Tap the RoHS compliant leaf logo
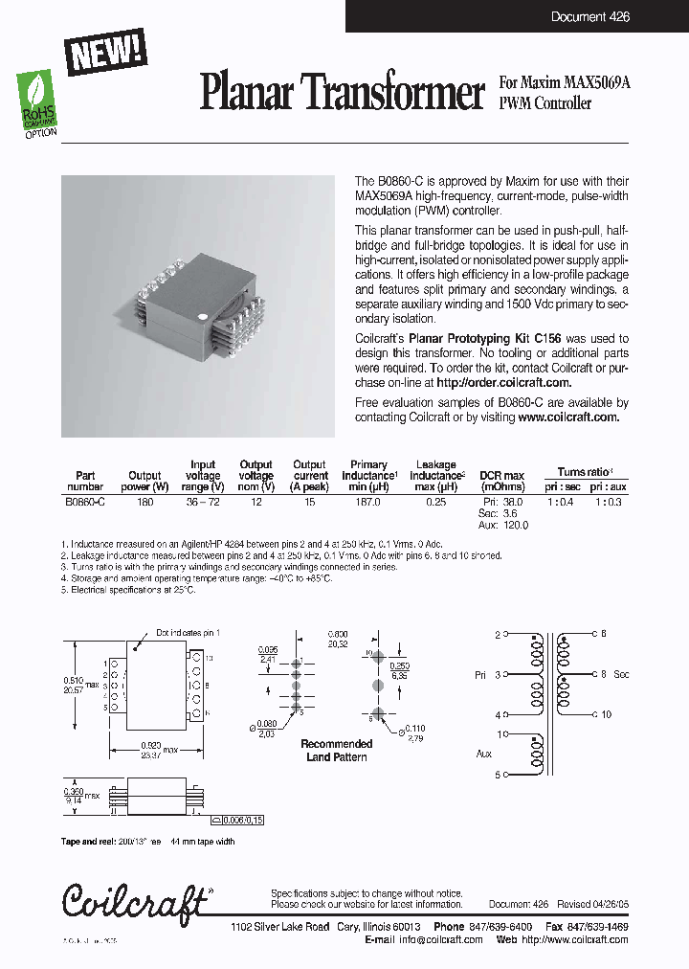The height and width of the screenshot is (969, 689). click(39, 101)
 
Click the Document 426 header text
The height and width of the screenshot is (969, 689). click(589, 17)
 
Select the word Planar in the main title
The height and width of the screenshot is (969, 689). click(247, 93)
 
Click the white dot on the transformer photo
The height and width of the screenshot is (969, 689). click(202, 314)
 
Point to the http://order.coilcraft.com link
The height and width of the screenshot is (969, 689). click(504, 382)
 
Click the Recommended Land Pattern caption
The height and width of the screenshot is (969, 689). click(337, 751)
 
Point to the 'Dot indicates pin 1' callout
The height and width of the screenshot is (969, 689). click(186, 633)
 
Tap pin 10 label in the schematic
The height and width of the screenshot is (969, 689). click(605, 714)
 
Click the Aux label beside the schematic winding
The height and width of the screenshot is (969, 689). click(483, 755)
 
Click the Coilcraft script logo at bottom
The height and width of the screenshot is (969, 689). click(135, 900)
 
